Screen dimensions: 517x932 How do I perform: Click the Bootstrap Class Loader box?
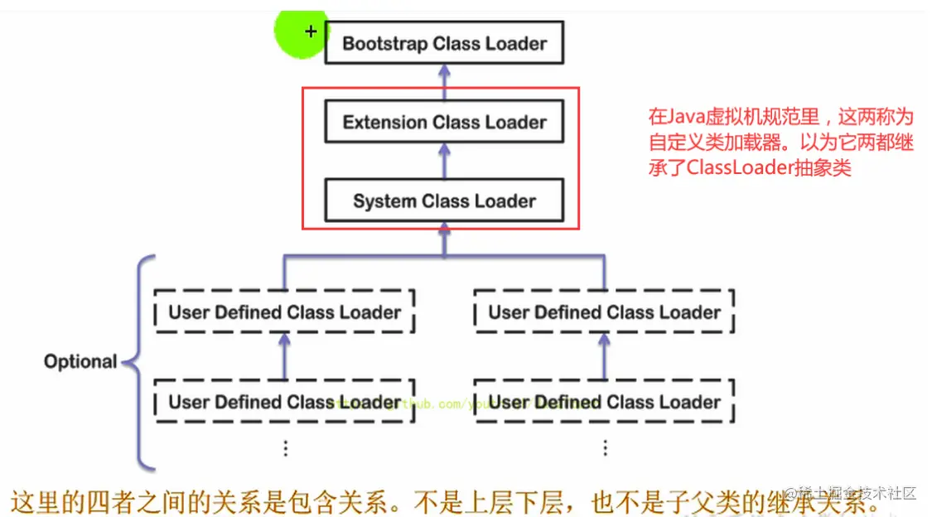pos(444,43)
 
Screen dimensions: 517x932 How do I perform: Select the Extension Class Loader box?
pos(444,123)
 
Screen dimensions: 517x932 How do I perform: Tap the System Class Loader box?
pos(444,201)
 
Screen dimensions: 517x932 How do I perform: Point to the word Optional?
pos(80,362)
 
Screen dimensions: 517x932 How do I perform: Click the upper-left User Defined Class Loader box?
pos(285,312)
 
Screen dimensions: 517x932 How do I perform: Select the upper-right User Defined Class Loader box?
pos(604,312)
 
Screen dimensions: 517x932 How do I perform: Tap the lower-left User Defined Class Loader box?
pos(285,402)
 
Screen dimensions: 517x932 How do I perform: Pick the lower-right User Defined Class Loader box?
pos(604,402)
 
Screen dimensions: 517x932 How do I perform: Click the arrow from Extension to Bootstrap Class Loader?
pos(444,82)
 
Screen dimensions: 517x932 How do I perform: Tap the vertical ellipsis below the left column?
pos(285,448)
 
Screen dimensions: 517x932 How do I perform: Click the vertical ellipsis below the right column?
pos(605,448)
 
